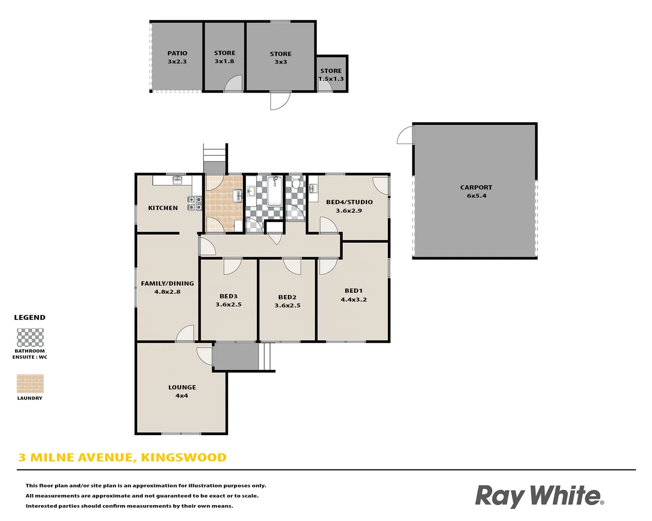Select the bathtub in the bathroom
coord(275,192)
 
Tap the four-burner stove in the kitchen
coord(195,203)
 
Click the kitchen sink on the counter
coord(177,180)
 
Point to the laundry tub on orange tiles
coord(238,196)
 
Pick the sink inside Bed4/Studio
coord(313,189)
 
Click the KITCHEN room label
coord(163,208)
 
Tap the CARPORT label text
coord(476,187)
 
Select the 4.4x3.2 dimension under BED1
coord(354,300)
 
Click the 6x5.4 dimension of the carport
coord(477,196)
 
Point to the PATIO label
coord(177,53)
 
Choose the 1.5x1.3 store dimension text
coord(331,79)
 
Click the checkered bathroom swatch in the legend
coord(30,337)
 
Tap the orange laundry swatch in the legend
coord(30,384)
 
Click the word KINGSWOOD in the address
coord(184,457)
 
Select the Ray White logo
coord(539,496)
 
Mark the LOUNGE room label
coord(182,387)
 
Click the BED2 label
coord(287,297)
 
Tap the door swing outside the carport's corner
coord(406,136)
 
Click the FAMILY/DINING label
coord(168,284)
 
